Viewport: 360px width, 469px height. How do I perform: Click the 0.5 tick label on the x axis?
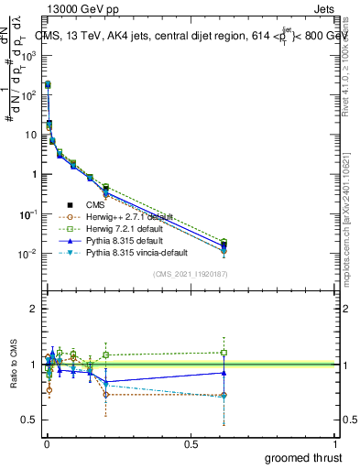pos(191,444)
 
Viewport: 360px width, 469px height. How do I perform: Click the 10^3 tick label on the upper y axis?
pos(29,55)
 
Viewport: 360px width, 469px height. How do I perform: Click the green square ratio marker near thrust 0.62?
pos(224,352)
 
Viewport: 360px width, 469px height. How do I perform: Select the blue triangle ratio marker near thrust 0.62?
pos(224,372)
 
